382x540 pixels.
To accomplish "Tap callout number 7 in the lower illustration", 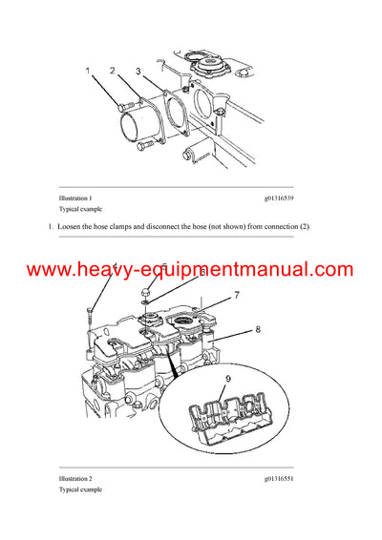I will [x=237, y=296].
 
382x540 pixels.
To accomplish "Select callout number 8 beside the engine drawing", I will [x=258, y=329].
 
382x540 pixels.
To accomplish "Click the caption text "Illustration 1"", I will [x=75, y=197].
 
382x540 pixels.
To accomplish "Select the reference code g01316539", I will [x=279, y=197].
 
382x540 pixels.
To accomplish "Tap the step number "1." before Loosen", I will [x=51, y=225].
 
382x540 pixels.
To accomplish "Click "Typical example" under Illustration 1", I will [x=81, y=209].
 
